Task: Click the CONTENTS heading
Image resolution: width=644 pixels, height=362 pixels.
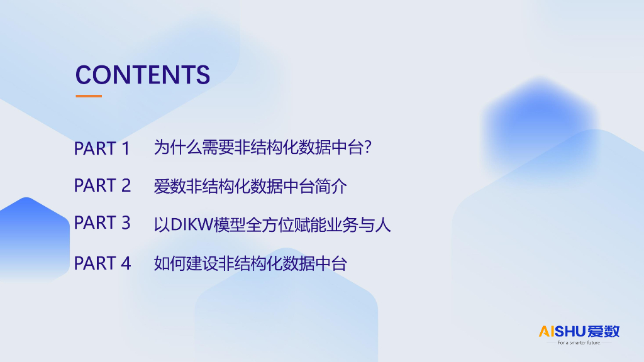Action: [x=143, y=75]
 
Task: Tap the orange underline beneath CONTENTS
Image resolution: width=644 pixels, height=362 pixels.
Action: [x=89, y=96]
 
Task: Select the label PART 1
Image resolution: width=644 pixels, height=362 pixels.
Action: [x=102, y=148]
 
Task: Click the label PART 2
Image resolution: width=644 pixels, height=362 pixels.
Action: [x=103, y=185]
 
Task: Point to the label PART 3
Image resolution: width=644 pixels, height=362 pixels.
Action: [x=103, y=223]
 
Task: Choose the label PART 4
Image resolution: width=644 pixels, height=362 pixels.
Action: [x=103, y=263]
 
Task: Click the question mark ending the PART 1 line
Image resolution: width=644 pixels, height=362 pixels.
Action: [x=367, y=147]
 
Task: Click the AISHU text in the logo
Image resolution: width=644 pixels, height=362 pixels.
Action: [x=562, y=331]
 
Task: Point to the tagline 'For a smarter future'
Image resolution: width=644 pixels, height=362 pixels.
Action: [x=579, y=343]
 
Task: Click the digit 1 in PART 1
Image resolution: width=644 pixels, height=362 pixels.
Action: [x=126, y=148]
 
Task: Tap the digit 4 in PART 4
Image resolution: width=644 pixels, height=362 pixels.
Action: [x=126, y=263]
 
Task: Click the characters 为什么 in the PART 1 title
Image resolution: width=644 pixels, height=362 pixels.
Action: [x=177, y=147]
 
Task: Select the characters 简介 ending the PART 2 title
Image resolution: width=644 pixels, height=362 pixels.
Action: [x=331, y=186]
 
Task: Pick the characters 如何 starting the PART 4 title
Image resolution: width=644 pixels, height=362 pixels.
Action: [x=170, y=263]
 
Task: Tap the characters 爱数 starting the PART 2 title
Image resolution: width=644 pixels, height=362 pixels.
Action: [x=170, y=186]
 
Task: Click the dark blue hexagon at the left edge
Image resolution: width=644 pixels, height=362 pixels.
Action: [x=33, y=239]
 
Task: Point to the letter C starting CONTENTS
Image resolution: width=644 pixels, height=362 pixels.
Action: [x=84, y=75]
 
